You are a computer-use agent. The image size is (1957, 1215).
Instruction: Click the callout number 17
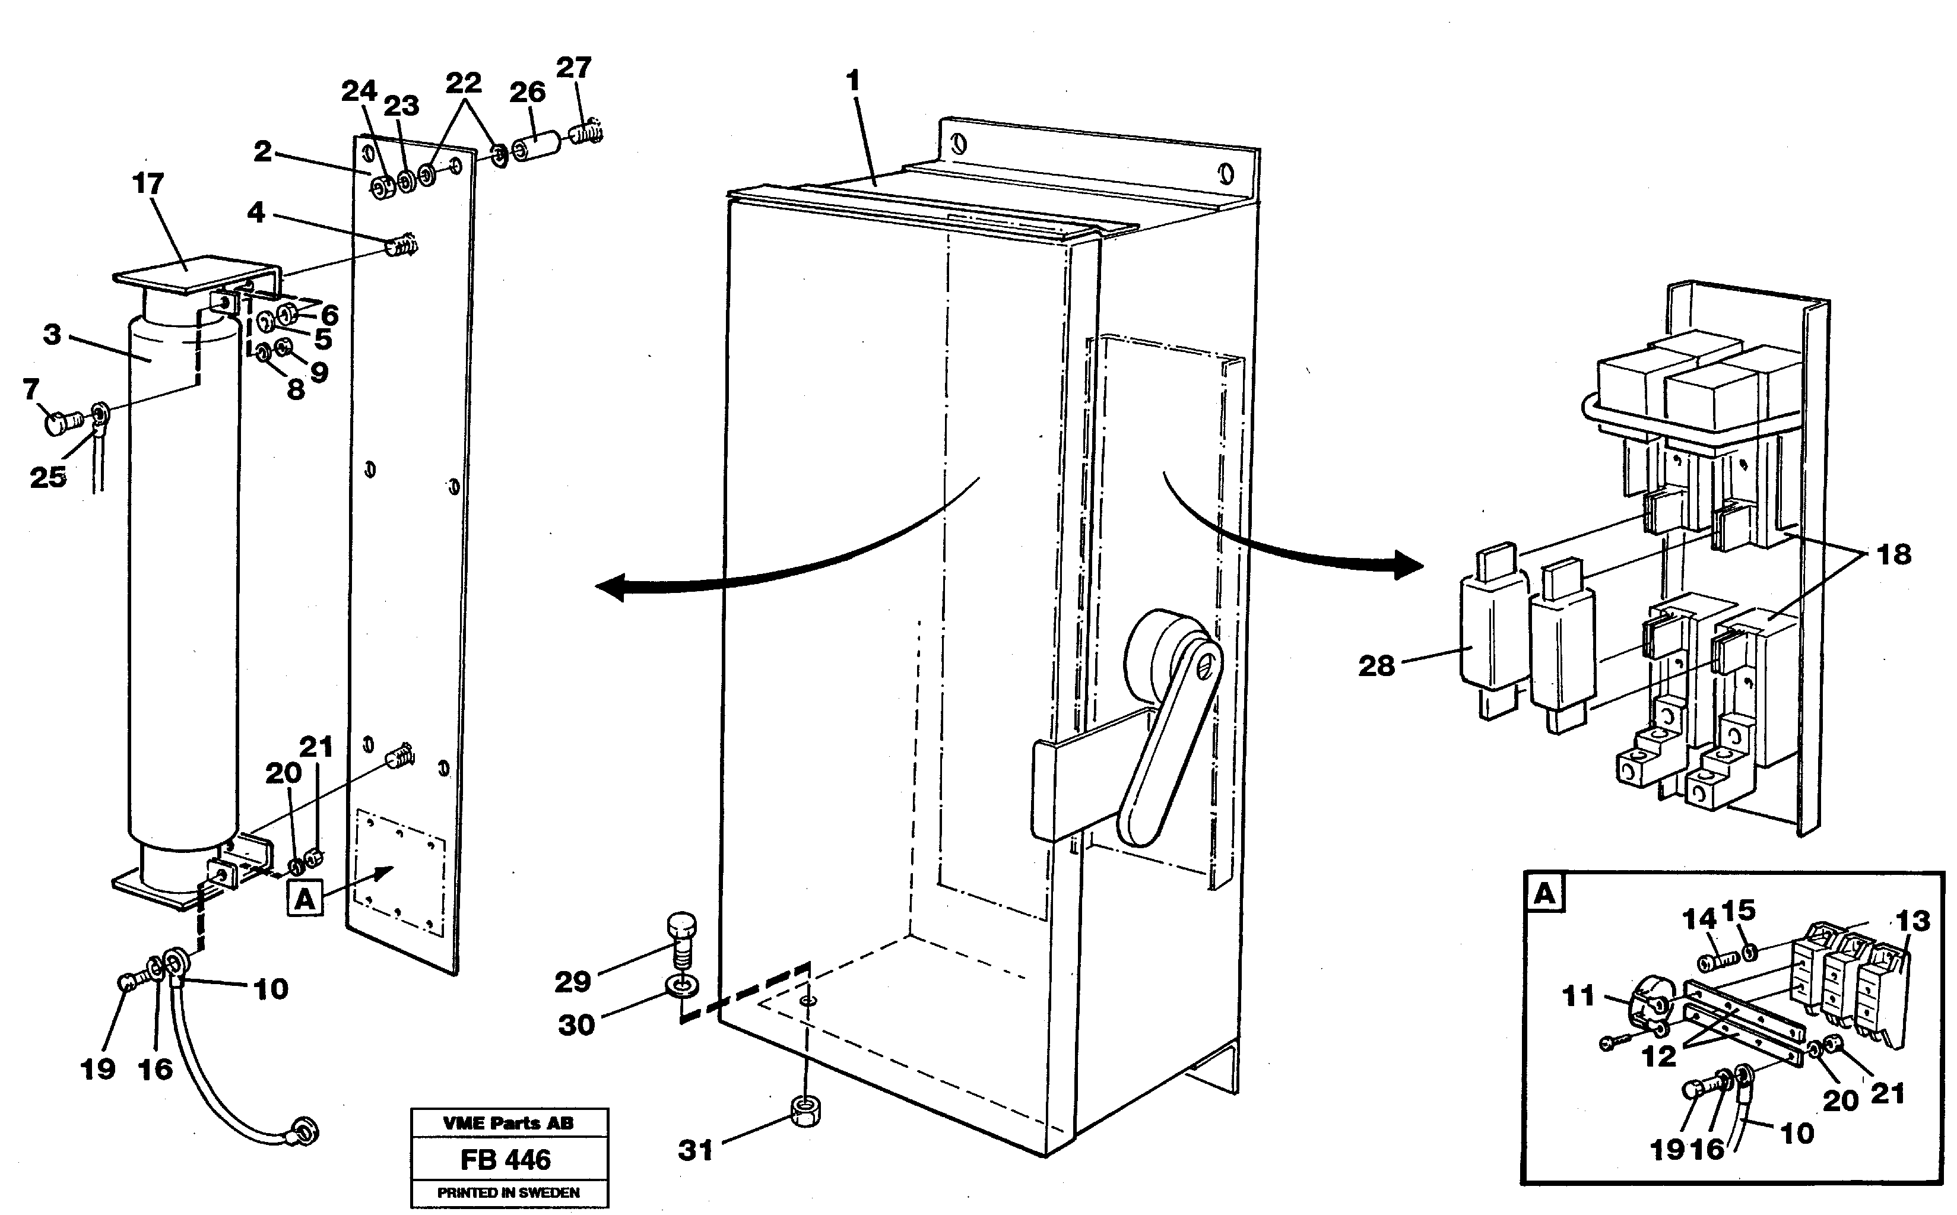(x=148, y=184)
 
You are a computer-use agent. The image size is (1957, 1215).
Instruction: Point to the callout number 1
(x=853, y=81)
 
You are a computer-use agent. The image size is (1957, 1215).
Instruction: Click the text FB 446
(x=506, y=1160)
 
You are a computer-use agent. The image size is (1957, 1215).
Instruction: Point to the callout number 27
(x=573, y=68)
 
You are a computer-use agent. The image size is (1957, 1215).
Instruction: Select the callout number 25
(x=47, y=477)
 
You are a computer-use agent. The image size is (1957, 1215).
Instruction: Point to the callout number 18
(x=1893, y=554)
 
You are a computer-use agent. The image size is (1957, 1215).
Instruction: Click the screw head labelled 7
(x=56, y=421)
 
